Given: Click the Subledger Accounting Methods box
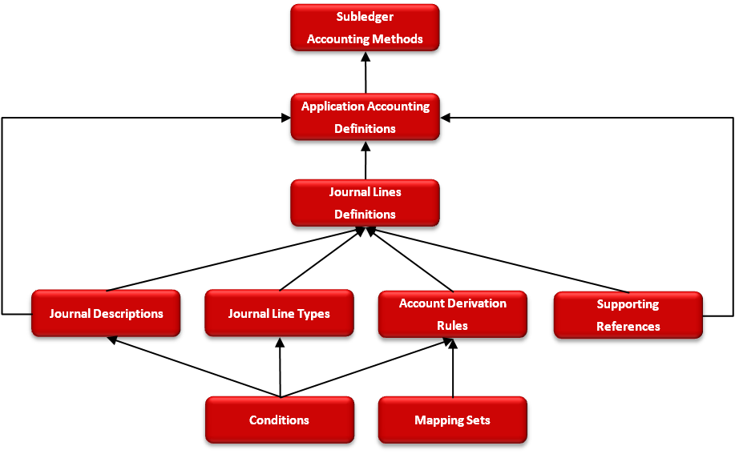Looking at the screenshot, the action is [x=365, y=28].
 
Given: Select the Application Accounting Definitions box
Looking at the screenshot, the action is [x=365, y=118].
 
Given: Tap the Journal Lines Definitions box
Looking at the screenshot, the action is [x=365, y=203].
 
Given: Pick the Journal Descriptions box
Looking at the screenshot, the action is [x=106, y=314].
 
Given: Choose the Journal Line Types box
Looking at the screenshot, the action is [x=279, y=314].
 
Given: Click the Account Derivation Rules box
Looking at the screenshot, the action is [x=452, y=315].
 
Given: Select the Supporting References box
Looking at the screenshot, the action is [x=628, y=315].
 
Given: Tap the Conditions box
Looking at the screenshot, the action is [x=279, y=420].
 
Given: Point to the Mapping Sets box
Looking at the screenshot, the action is [x=452, y=420].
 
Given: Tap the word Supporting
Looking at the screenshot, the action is [x=628, y=304].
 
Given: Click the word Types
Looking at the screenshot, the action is [x=314, y=314].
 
